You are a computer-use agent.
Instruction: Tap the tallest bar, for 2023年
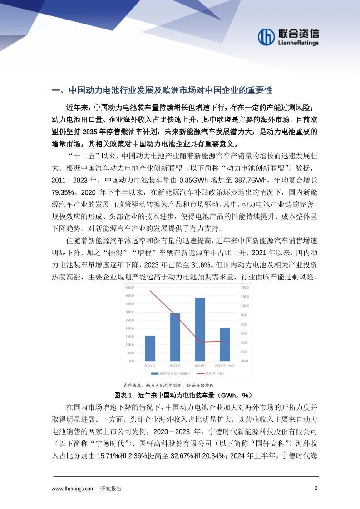coord(200,329)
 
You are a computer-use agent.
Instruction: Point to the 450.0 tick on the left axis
coord(129,288)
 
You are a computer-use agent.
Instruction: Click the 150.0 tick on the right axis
coord(244,288)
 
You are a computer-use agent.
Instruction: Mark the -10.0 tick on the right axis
coord(244,361)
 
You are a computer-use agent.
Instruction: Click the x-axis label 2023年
coord(200,366)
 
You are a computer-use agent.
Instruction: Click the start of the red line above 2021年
coord(150,291)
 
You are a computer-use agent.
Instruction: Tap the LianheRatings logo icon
coord(266,38)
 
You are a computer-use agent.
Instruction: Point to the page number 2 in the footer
coord(316,489)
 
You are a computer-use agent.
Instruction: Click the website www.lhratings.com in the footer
coord(73,489)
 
